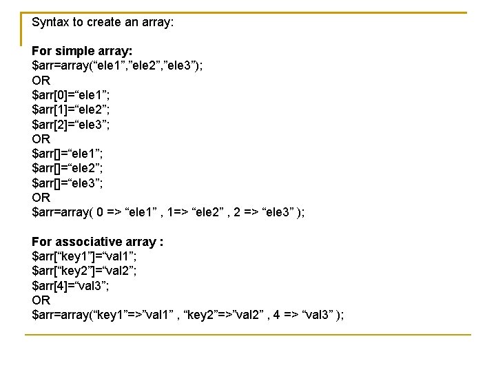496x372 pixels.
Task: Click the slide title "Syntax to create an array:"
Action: coord(103,22)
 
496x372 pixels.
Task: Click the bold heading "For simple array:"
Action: coord(82,51)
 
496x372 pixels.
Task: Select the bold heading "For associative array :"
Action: coord(97,242)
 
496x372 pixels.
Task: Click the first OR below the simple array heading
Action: coord(41,80)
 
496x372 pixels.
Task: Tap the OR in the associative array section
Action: coord(41,300)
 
